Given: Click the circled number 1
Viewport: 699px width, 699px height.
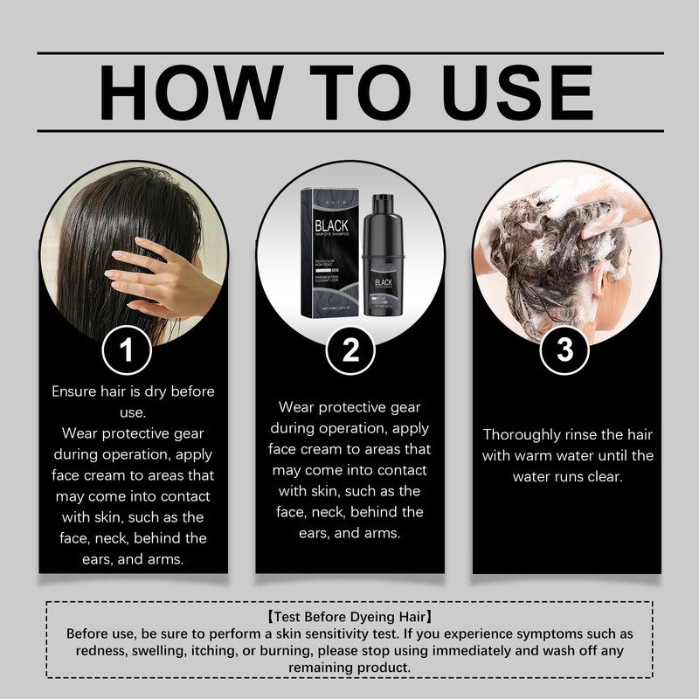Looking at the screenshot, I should tap(128, 350).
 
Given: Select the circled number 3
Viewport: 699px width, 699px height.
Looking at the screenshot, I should tap(564, 350).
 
